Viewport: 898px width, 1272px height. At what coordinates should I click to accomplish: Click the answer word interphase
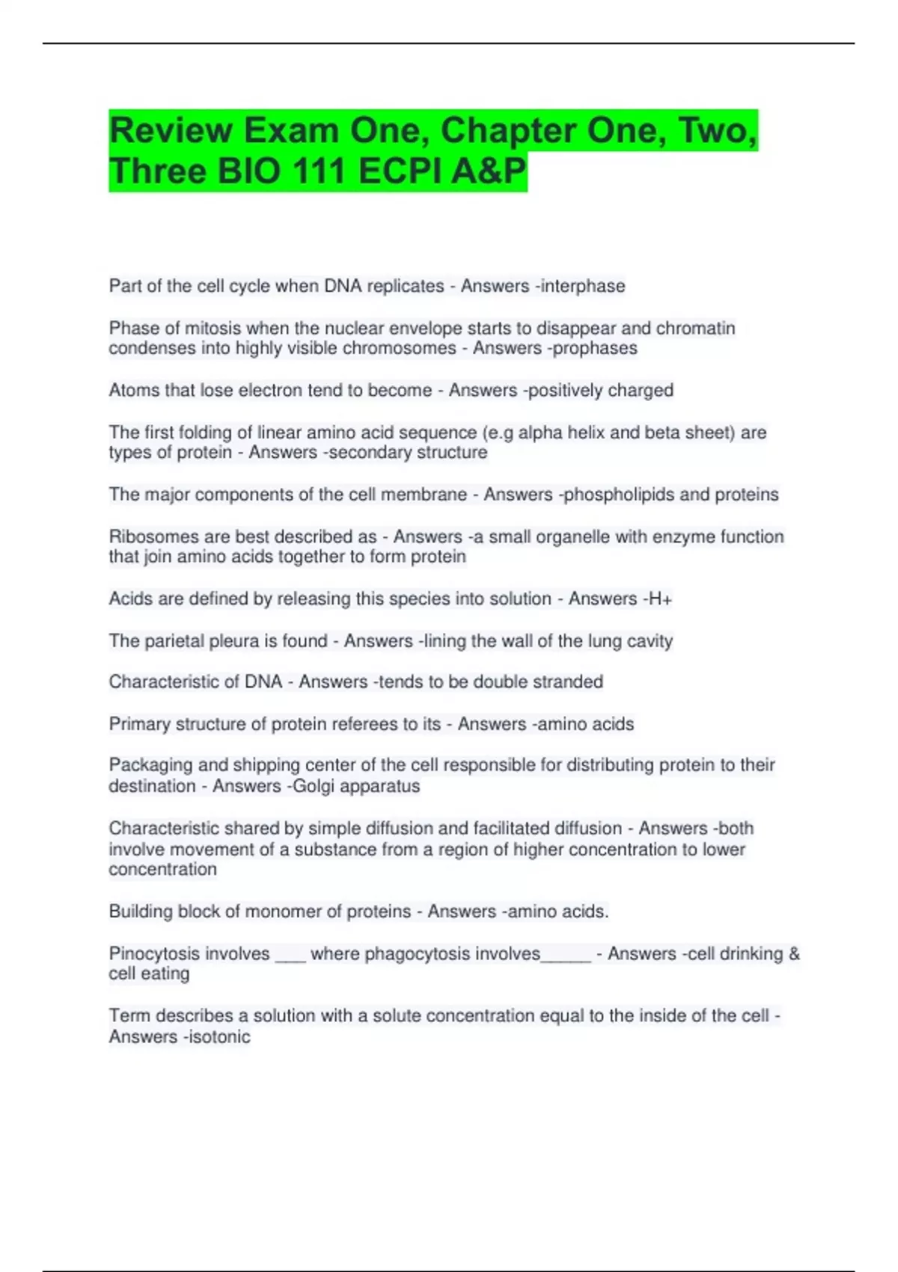tap(583, 286)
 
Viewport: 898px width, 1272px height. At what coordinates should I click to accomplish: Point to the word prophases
tap(596, 348)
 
